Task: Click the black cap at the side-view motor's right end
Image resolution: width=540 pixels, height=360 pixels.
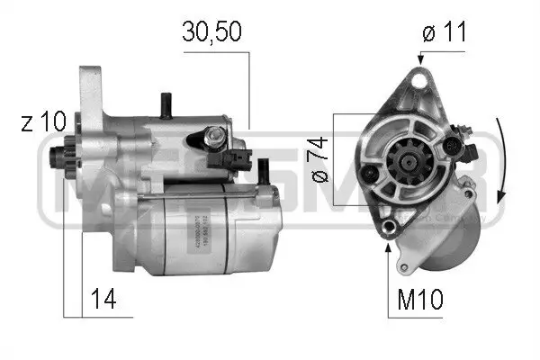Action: click(x=265, y=170)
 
